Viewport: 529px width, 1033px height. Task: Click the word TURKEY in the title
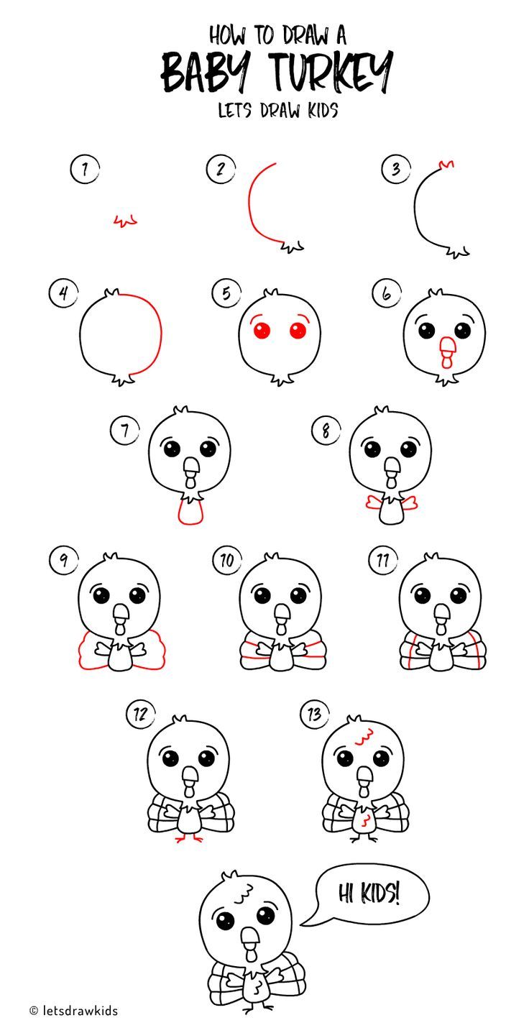(x=331, y=72)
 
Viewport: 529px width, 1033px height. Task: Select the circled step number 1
(x=85, y=169)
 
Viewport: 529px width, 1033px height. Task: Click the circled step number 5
(x=226, y=293)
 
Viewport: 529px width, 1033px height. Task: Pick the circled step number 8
(x=326, y=431)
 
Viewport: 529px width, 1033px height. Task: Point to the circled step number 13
(x=314, y=715)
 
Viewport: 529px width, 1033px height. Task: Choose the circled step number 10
(x=227, y=560)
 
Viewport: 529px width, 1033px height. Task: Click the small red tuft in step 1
(x=126, y=221)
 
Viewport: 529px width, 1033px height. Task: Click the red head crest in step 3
(x=446, y=164)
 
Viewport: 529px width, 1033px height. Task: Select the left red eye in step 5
(x=261, y=330)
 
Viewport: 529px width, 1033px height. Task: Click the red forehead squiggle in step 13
(x=364, y=735)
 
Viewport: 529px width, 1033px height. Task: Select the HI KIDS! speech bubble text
(x=369, y=894)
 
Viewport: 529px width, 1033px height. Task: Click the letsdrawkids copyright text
(x=74, y=1011)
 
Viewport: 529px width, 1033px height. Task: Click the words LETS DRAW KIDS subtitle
(x=278, y=111)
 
